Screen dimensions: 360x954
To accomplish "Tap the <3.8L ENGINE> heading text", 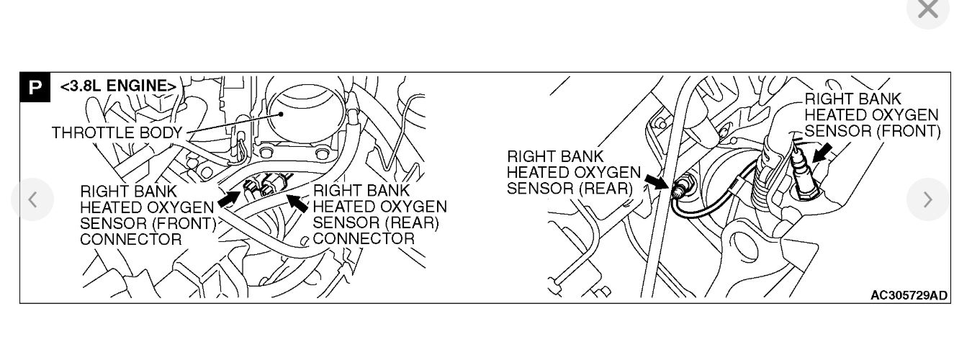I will [x=118, y=86].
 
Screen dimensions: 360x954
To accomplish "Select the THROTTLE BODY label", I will [x=117, y=133].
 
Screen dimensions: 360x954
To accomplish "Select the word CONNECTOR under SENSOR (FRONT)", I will [x=130, y=239].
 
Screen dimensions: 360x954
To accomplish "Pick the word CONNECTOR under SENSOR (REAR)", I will [x=364, y=239].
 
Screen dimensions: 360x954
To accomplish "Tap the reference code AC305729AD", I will [x=909, y=295].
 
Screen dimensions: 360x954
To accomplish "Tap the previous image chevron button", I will [x=32, y=199].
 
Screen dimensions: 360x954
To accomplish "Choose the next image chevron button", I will [x=927, y=199].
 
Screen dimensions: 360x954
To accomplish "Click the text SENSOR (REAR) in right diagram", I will [x=569, y=189].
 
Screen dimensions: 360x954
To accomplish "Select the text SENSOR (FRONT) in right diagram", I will [x=872, y=131].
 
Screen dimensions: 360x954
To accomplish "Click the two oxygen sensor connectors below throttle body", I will [x=262, y=187].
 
